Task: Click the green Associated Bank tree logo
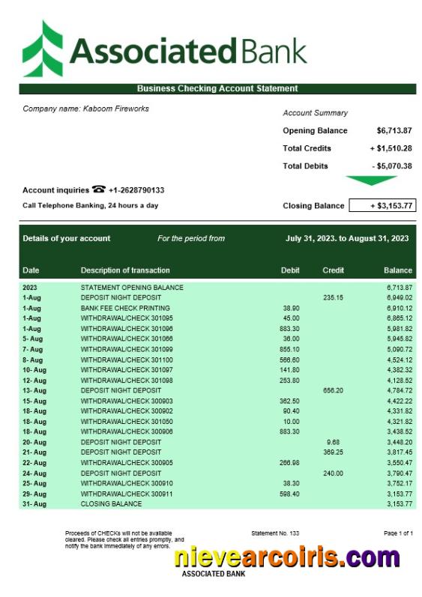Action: click(x=43, y=49)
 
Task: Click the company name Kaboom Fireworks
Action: click(x=85, y=109)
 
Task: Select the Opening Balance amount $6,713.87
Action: click(x=394, y=130)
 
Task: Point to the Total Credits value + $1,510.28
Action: click(x=391, y=148)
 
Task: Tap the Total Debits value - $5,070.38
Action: click(x=391, y=166)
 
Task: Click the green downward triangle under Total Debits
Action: click(x=371, y=181)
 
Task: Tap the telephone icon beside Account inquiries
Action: click(x=99, y=190)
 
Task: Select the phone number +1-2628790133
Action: click(x=136, y=190)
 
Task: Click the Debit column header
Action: click(x=290, y=270)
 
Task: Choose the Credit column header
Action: click(x=333, y=270)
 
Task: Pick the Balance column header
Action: click(x=398, y=270)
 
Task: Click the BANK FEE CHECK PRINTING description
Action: click(x=125, y=308)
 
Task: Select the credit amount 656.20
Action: click(x=333, y=390)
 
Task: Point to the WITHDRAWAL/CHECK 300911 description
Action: click(x=127, y=494)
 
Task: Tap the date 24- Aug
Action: click(x=34, y=473)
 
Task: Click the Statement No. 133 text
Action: click(x=275, y=533)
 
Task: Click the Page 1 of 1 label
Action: click(x=398, y=533)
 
